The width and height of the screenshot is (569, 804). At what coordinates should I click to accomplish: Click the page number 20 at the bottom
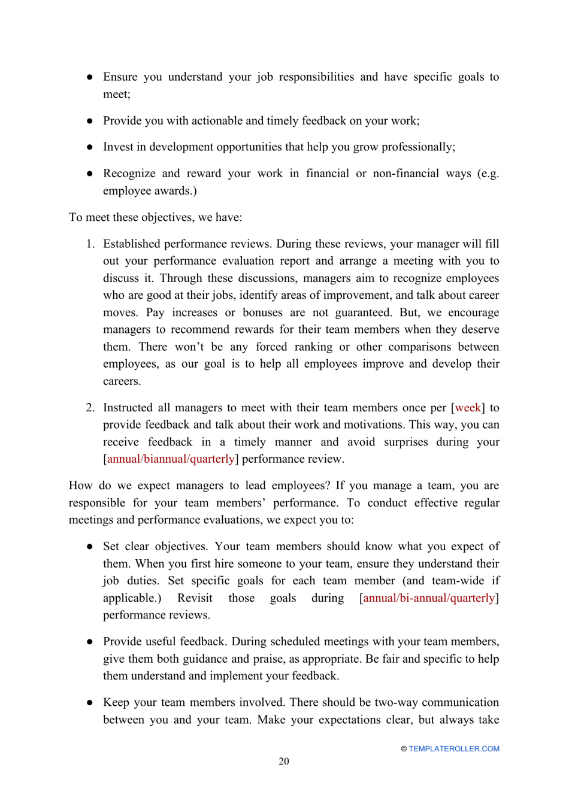pos(283,761)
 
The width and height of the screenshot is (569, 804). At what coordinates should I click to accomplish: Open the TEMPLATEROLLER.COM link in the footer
pos(453,748)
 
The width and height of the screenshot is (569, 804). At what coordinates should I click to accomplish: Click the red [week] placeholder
pos(468,407)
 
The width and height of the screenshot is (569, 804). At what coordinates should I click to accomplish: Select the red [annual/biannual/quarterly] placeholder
pos(171,459)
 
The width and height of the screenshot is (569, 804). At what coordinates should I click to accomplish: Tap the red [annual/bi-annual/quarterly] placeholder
pos(429,597)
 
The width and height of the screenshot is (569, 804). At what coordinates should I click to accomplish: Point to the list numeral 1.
pos(90,244)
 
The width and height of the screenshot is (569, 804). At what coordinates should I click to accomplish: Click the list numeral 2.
pos(90,407)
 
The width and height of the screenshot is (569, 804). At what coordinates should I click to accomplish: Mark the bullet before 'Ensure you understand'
pos(89,77)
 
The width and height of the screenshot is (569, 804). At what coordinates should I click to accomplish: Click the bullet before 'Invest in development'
pos(89,147)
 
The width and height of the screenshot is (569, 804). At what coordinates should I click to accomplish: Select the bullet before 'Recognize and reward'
pos(89,173)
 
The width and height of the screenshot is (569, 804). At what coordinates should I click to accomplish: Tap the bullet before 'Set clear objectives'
pos(89,546)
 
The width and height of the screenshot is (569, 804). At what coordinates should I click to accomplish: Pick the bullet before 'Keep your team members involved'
pos(89,702)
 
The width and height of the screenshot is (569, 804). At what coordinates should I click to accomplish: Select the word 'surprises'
pos(418,442)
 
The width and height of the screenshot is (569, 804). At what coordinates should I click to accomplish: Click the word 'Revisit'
pos(195,597)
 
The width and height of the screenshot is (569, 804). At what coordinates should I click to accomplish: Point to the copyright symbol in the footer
pos(404,749)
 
